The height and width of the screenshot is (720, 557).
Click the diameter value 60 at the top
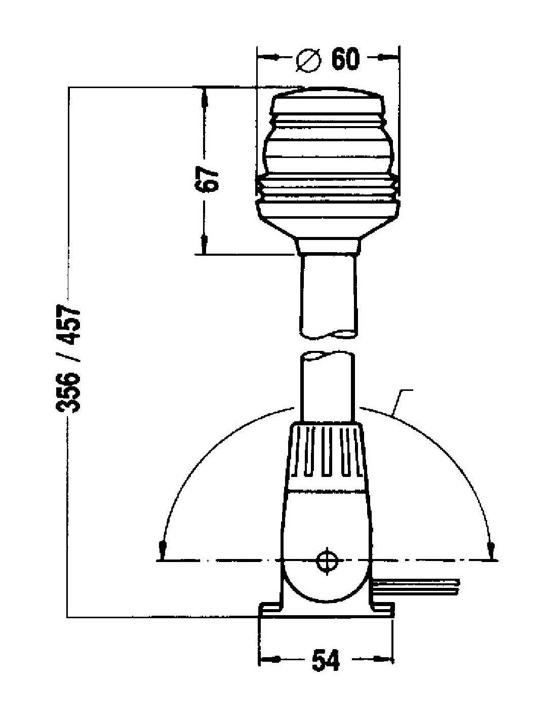point(345,59)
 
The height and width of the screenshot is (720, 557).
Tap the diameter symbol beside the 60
point(308,60)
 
